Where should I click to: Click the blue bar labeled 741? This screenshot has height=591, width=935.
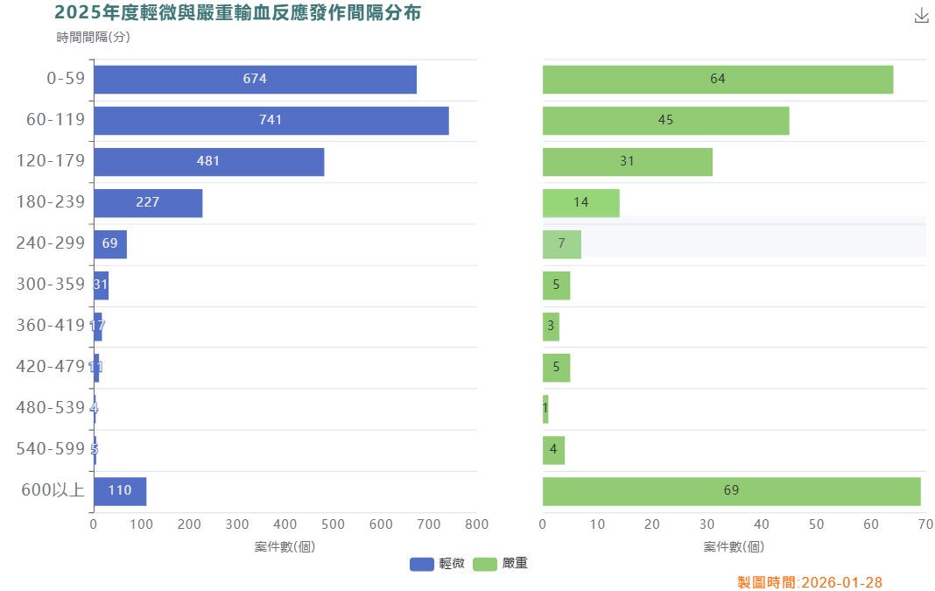pyautogui.click(x=271, y=121)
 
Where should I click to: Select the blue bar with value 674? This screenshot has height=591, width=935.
pyautogui.click(x=255, y=80)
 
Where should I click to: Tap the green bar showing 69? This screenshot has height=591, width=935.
pyautogui.click(x=731, y=491)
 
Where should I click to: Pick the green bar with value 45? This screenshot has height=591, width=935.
pyautogui.click(x=665, y=121)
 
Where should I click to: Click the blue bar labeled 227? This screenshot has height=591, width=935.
pyautogui.click(x=148, y=203)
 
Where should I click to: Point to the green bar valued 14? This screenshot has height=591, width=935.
pyautogui.click(x=580, y=203)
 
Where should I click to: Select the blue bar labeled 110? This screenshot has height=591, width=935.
pyautogui.click(x=120, y=491)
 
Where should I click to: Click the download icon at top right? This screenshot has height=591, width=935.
pyautogui.click(x=921, y=16)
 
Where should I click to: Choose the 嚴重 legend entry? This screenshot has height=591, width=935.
pyautogui.click(x=500, y=564)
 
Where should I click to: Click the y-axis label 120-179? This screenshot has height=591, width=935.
pyautogui.click(x=51, y=161)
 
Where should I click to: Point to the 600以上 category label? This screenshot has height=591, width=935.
pyautogui.click(x=53, y=490)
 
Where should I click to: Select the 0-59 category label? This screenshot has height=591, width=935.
pyautogui.click(x=66, y=79)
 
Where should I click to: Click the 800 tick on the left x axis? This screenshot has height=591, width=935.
pyautogui.click(x=476, y=524)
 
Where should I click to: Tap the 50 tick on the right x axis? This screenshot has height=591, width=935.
pyautogui.click(x=816, y=524)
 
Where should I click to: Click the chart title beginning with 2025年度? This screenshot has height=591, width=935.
pyautogui.click(x=237, y=13)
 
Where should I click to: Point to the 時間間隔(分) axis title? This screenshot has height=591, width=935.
pyautogui.click(x=93, y=37)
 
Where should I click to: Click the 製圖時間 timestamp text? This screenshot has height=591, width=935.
pyautogui.click(x=810, y=582)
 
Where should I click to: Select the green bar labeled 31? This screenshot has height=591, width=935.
pyautogui.click(x=627, y=162)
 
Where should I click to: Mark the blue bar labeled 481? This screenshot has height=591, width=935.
pyautogui.click(x=208, y=162)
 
